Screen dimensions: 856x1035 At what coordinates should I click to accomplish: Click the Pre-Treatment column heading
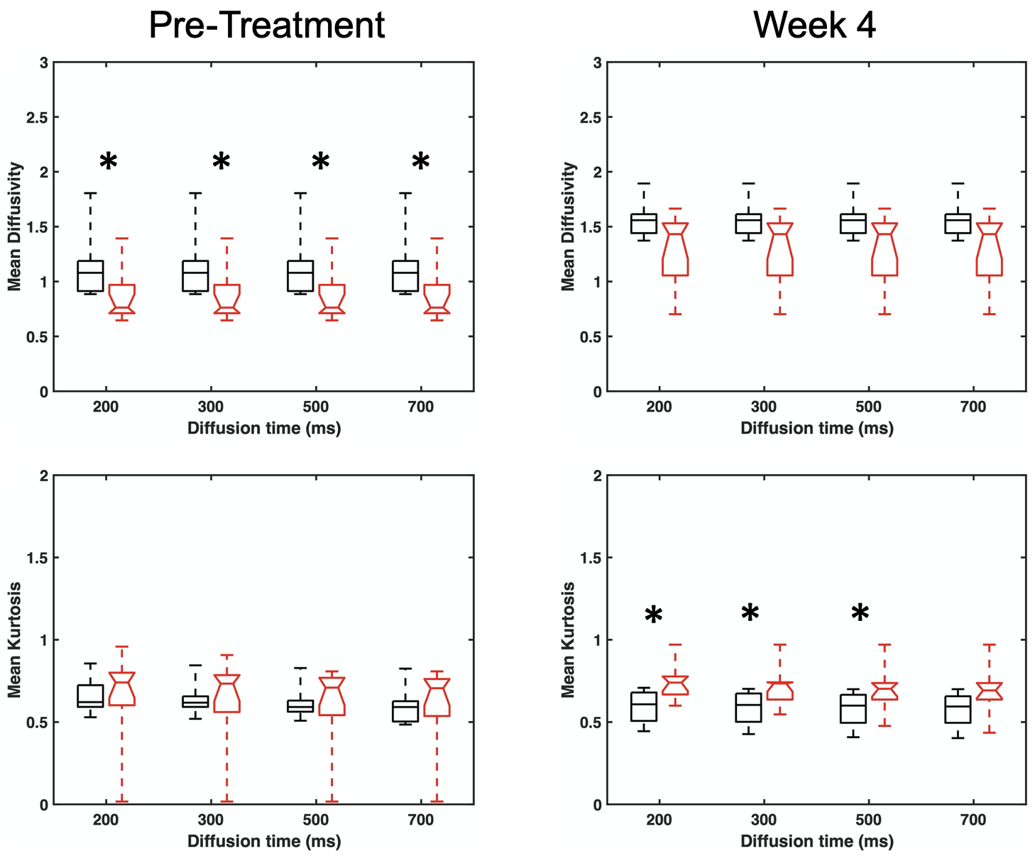267,26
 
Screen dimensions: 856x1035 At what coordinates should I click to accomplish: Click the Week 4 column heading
814,26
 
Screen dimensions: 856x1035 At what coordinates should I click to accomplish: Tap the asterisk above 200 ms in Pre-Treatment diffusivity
108,163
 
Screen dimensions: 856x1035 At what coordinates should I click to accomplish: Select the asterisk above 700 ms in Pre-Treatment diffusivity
421,163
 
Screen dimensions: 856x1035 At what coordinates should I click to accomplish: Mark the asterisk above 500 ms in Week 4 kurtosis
860,613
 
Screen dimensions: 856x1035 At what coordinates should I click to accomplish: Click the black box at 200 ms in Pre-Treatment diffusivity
90,276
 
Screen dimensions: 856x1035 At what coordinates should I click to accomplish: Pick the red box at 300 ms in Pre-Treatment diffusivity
227,299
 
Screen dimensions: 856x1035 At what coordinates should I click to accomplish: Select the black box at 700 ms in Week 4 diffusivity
958,224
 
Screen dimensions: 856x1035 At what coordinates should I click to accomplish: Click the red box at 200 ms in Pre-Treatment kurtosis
122,688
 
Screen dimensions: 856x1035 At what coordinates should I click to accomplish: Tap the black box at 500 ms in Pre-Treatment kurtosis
300,706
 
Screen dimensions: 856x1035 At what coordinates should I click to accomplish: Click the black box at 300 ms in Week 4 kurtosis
748,708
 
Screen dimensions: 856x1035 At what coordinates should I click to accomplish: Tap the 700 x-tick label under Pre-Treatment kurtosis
420,821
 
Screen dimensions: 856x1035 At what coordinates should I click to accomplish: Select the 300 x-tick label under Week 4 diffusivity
764,407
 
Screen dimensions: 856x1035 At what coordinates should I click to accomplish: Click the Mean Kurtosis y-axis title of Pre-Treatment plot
15,640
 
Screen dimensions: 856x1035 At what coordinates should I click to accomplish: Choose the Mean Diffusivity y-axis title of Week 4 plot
568,226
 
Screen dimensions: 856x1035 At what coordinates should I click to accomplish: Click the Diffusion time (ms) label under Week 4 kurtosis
816,842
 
